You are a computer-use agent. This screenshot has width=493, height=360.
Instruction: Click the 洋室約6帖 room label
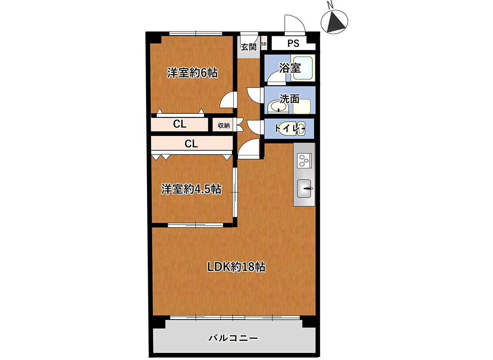coord(192,72)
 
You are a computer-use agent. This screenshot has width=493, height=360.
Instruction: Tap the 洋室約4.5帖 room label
coord(192,189)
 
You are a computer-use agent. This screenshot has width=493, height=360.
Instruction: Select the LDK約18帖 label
coord(236,267)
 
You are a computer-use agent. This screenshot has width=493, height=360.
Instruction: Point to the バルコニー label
coord(233,338)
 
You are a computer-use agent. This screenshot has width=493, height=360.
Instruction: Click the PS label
coord(294,43)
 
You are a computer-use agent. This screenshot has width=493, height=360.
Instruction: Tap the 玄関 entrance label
coord(249,47)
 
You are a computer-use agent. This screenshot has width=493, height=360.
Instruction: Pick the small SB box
coord(264,44)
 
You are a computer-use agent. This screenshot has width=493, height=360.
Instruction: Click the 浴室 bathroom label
coord(290,68)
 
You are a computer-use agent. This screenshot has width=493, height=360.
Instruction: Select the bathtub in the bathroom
coord(302,68)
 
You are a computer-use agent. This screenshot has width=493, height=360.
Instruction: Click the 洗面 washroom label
coord(289,99)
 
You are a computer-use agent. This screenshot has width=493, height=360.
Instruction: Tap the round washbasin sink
coord(277,107)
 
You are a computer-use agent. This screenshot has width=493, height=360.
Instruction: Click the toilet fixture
coord(292,128)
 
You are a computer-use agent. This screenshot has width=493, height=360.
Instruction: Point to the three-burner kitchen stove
coord(304,160)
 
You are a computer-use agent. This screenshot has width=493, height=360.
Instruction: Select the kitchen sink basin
coord(304,188)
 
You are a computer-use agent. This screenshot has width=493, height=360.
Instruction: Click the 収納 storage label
coord(224,125)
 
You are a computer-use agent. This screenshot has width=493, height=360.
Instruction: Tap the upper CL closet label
coord(180,124)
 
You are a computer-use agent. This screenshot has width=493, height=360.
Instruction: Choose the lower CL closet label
coord(191,144)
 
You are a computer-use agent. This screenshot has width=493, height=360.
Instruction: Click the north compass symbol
coord(334,22)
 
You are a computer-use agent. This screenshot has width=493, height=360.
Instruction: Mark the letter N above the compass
coord(330,5)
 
